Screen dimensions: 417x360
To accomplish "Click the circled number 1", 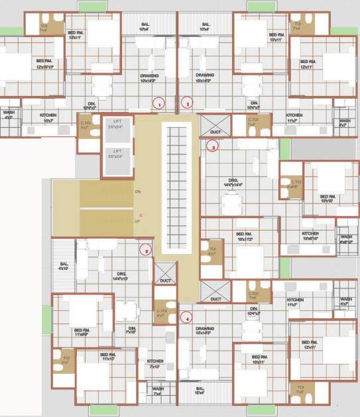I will (x=158, y=103).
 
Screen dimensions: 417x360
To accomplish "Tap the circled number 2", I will (x=188, y=103).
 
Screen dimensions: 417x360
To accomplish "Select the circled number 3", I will (x=212, y=148).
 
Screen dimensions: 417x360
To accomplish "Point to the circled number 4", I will (x=188, y=317).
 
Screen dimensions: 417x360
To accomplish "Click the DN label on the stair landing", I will (x=137, y=192).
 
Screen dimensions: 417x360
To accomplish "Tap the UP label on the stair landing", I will (x=137, y=221).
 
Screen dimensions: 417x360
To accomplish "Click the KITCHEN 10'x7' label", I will (x=48, y=117).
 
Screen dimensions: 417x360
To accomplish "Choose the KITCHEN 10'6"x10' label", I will (x=310, y=236).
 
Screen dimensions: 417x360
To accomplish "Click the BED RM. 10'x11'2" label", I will (x=245, y=236).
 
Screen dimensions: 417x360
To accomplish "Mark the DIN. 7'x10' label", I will (x=132, y=330).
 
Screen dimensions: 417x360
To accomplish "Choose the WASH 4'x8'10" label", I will (x=346, y=239).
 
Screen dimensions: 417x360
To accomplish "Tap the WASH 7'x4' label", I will (x=158, y=391).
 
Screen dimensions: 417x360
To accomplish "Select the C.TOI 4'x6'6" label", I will (x=292, y=184).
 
